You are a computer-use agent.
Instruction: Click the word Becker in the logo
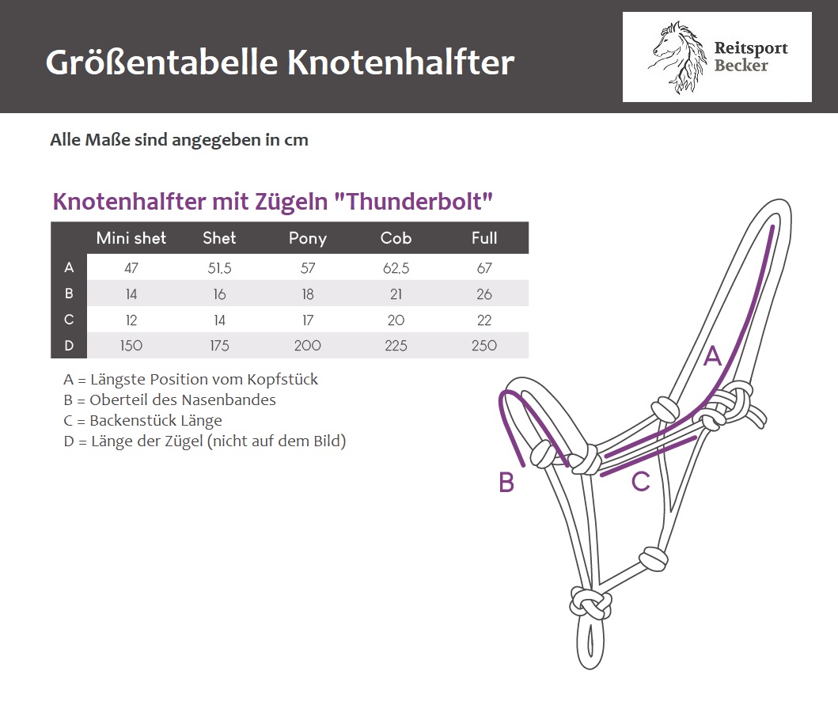point(741,65)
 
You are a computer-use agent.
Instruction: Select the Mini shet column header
point(131,238)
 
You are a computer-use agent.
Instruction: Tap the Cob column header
point(396,238)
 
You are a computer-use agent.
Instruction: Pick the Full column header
point(484,238)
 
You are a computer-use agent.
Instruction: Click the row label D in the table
point(69,346)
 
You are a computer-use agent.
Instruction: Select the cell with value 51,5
point(219,268)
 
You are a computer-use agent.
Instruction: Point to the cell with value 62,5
point(396,268)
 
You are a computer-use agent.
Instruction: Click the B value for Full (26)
point(484,294)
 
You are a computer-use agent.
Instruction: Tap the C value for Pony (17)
point(308,320)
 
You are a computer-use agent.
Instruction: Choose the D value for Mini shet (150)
point(131,346)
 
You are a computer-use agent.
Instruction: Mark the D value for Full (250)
point(484,346)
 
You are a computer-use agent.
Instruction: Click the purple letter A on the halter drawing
point(712,356)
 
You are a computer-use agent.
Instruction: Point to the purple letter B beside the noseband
point(506,482)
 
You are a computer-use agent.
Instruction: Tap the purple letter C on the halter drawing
point(640,482)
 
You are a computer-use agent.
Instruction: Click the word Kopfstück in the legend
point(282,380)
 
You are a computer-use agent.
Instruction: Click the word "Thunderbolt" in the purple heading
point(413,202)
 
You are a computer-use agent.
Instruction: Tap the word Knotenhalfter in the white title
point(401,63)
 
